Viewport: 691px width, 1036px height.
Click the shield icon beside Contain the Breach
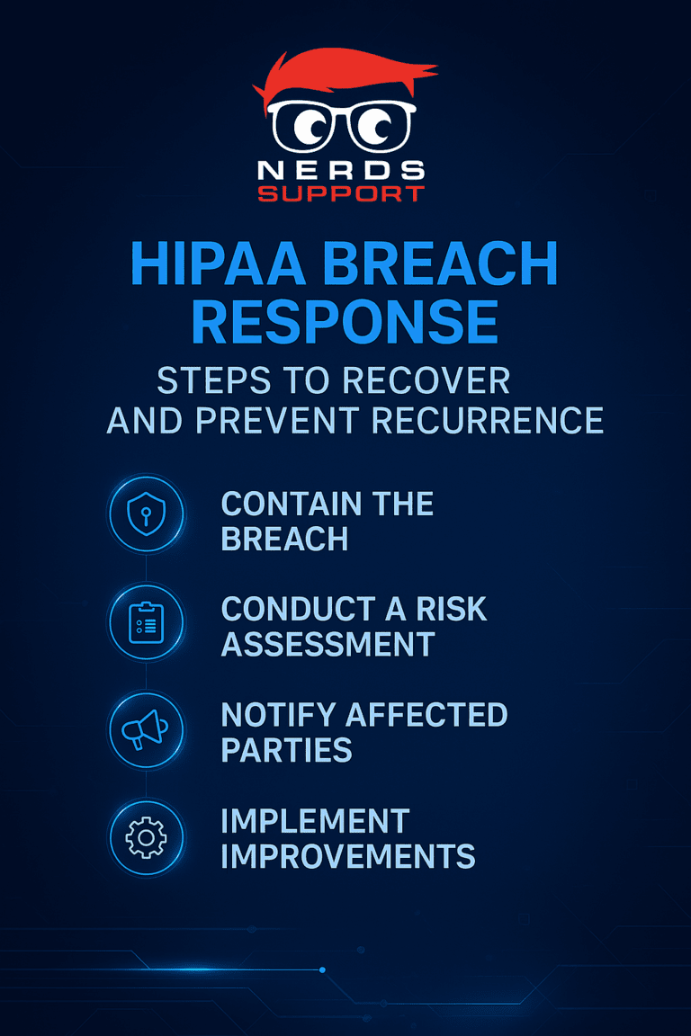pos(146,514)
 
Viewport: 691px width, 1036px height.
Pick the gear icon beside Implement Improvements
pos(146,837)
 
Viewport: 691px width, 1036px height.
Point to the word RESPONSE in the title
pos(345,323)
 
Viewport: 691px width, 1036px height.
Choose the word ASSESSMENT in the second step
pos(328,644)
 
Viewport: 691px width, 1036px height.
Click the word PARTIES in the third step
pos(285,750)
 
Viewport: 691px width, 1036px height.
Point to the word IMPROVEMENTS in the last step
pos(347,856)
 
